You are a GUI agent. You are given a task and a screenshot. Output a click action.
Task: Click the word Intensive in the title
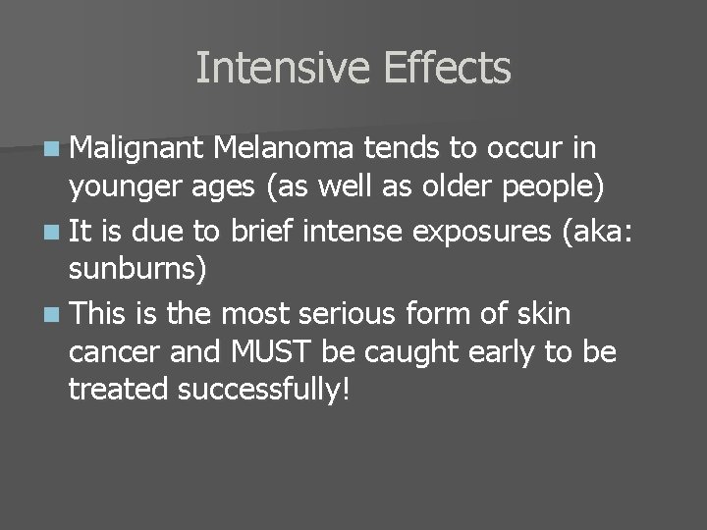[x=282, y=69]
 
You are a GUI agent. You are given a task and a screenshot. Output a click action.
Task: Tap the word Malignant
[x=136, y=148]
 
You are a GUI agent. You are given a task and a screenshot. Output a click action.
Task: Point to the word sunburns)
[x=137, y=270]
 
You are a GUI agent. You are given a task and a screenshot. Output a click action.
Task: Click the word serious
[x=339, y=315]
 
